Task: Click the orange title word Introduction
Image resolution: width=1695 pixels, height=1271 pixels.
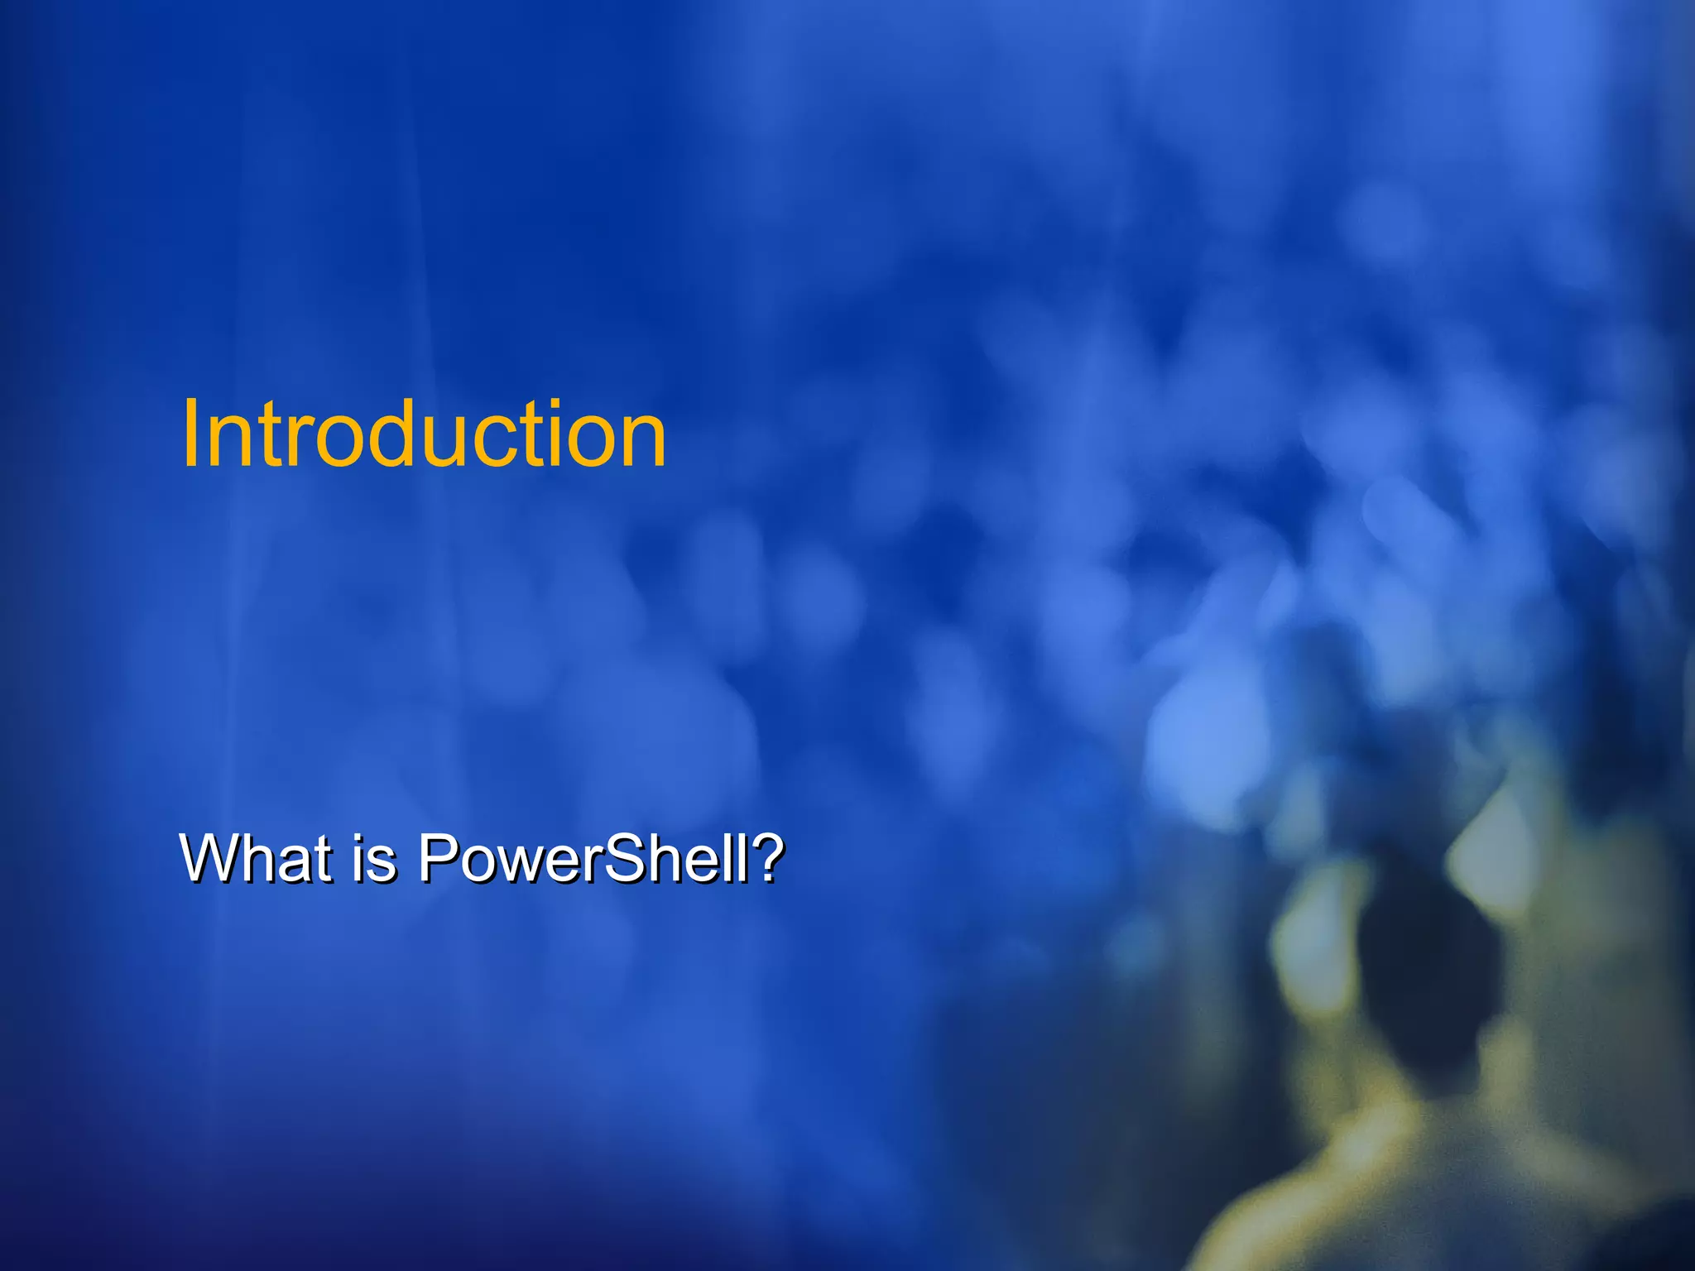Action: coord(423,434)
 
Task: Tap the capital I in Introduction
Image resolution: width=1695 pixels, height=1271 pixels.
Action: coord(191,434)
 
